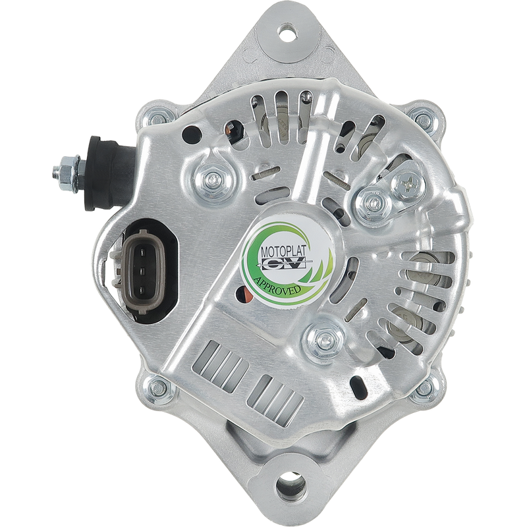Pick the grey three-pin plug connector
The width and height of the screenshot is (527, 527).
click(141, 271)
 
